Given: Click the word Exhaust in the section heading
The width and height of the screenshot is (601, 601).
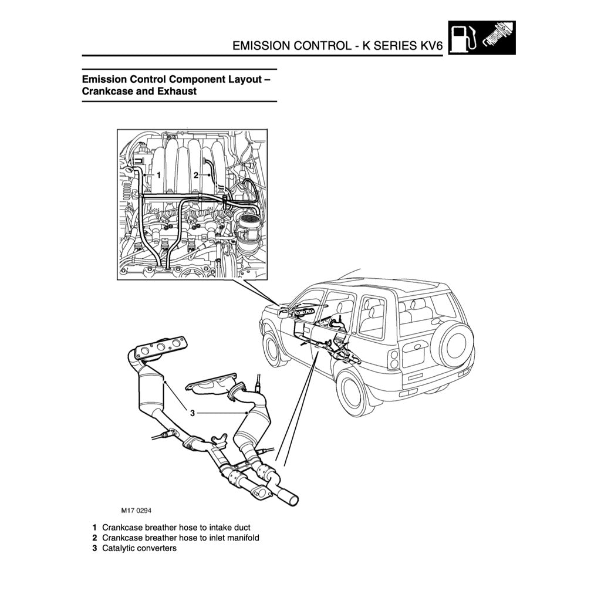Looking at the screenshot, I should point(176,92).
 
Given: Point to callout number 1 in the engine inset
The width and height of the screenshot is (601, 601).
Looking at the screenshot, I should point(158,175).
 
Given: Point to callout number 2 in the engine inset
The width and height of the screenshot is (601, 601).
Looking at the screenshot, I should point(196,175).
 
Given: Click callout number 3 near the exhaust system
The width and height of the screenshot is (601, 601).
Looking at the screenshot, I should point(192,413).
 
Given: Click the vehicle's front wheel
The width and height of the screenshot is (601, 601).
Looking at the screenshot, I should point(272,348).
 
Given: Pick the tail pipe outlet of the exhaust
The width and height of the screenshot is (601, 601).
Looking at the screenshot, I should point(291,499).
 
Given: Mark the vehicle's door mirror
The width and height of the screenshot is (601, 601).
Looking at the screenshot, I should point(283,313).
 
